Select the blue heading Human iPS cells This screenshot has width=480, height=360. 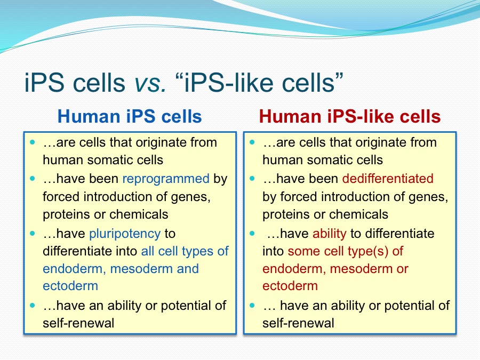pyautogui.click(x=130, y=116)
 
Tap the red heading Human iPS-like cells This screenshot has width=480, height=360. pyautogui.click(x=349, y=116)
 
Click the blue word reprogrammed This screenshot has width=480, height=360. pyautogui.click(x=166, y=179)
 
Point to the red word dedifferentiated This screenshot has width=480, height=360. pyautogui.click(x=388, y=179)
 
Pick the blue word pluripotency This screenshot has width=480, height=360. pyautogui.click(x=125, y=234)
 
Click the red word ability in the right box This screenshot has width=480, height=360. pyautogui.click(x=330, y=234)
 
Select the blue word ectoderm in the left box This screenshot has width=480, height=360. pyautogui.click(x=70, y=286)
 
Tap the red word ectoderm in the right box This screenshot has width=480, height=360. pyautogui.click(x=290, y=286)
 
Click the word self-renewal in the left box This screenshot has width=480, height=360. pyautogui.click(x=78, y=323)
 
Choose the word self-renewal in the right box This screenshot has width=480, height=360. pyautogui.click(x=298, y=323)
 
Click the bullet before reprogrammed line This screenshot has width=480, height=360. pyautogui.click(x=33, y=179)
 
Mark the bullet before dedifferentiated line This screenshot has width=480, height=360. pyautogui.click(x=252, y=179)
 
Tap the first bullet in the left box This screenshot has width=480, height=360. pyautogui.click(x=33, y=142)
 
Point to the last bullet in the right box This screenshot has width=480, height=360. pyautogui.click(x=252, y=305)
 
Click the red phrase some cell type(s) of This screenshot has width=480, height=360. pyautogui.click(x=345, y=251)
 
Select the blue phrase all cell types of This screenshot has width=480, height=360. pyautogui.click(x=185, y=251)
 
